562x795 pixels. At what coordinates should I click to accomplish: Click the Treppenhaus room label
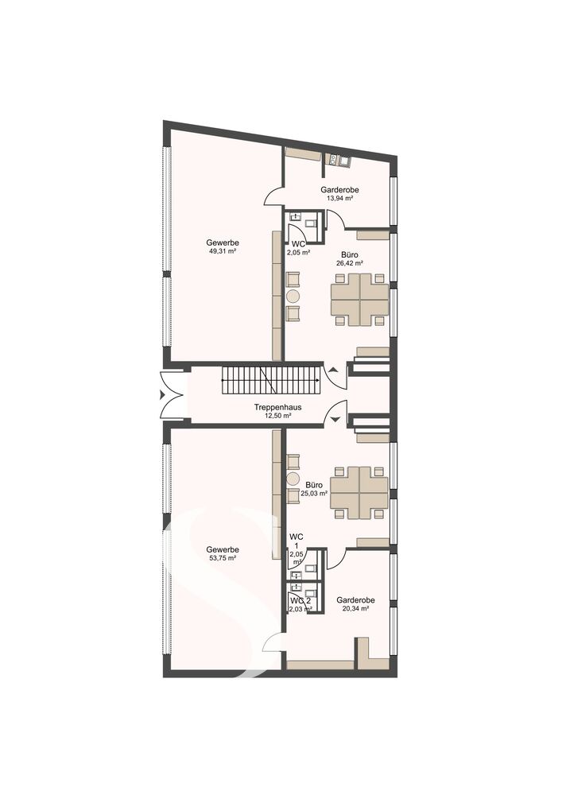277,407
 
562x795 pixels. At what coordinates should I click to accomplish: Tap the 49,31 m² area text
223,251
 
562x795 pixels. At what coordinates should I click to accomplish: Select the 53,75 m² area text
223,558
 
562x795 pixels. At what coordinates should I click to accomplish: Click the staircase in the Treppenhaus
272,380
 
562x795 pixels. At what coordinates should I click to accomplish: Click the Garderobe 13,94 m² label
339,194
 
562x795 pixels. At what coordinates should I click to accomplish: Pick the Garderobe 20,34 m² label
355,604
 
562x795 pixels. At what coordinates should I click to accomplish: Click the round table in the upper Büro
293,296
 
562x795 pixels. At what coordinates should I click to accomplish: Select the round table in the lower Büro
293,479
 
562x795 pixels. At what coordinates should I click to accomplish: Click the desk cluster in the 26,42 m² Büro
360,299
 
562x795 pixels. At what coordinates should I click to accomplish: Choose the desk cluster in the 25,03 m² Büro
359,492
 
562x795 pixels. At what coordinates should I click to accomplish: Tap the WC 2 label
300,601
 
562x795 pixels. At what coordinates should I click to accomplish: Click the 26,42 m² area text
349,263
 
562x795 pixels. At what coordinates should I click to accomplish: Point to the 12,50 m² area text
277,415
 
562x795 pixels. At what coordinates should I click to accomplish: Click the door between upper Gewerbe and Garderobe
274,196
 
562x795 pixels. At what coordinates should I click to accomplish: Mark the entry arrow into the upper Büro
332,370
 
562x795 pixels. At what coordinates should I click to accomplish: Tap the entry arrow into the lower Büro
335,419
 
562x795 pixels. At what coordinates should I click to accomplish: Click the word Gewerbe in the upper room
223,242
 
